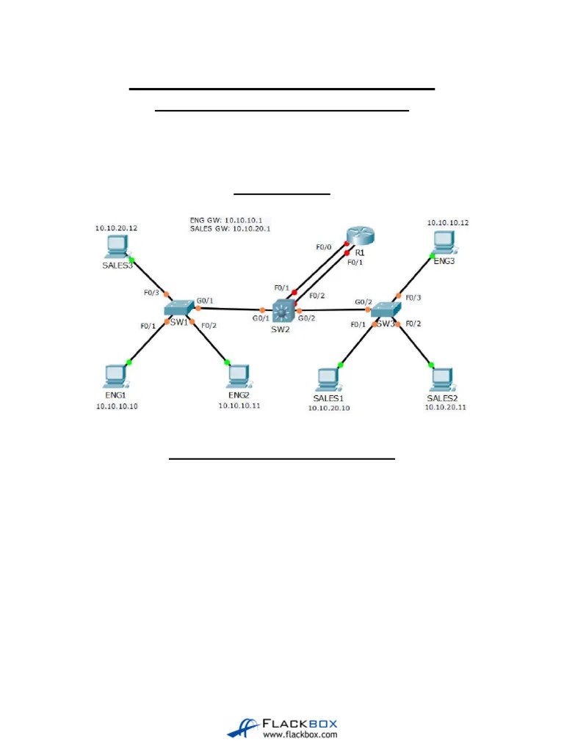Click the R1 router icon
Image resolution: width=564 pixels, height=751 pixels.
pos(360,235)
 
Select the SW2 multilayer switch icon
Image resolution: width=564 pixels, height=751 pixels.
pos(282,312)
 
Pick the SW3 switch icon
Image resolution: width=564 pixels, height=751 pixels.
pos(385,310)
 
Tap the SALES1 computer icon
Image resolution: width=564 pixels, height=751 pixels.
pos(326,379)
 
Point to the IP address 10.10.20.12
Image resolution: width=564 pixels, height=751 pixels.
pos(115,228)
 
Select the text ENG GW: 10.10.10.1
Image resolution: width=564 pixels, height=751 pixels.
pos(231,219)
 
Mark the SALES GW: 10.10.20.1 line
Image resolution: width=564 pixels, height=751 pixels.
pos(231,229)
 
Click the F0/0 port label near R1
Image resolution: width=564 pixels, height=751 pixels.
pos(325,247)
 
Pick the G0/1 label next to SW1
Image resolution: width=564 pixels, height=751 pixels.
pos(205,301)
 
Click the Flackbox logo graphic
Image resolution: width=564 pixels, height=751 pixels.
pos(243,727)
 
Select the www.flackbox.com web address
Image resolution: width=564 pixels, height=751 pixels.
pos(300,733)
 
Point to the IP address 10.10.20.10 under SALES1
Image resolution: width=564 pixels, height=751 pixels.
pos(328,409)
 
